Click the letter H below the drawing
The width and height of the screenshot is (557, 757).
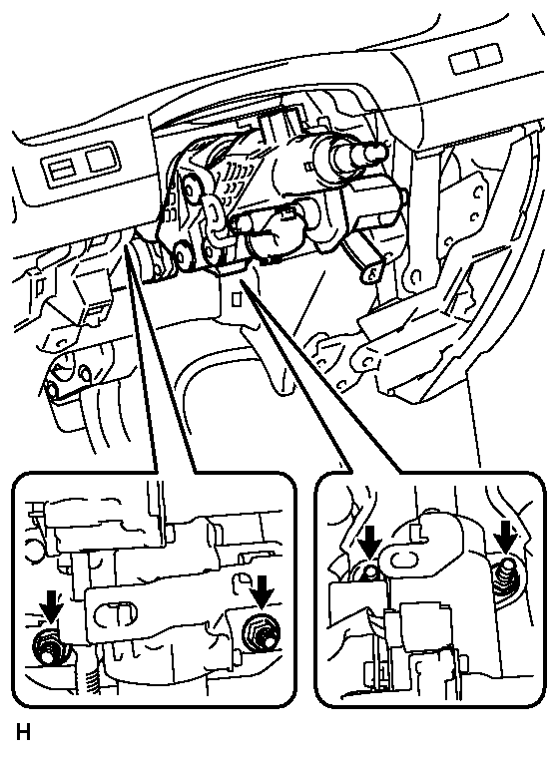[x=23, y=732]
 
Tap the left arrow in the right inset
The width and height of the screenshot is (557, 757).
[x=370, y=542]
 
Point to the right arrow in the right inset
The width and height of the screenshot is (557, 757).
[x=506, y=536]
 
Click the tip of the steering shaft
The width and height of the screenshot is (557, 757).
[x=378, y=152]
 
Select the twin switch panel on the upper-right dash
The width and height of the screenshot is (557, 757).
[x=475, y=59]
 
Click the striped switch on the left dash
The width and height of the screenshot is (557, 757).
[x=61, y=172]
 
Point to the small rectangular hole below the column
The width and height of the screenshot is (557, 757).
[x=237, y=300]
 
